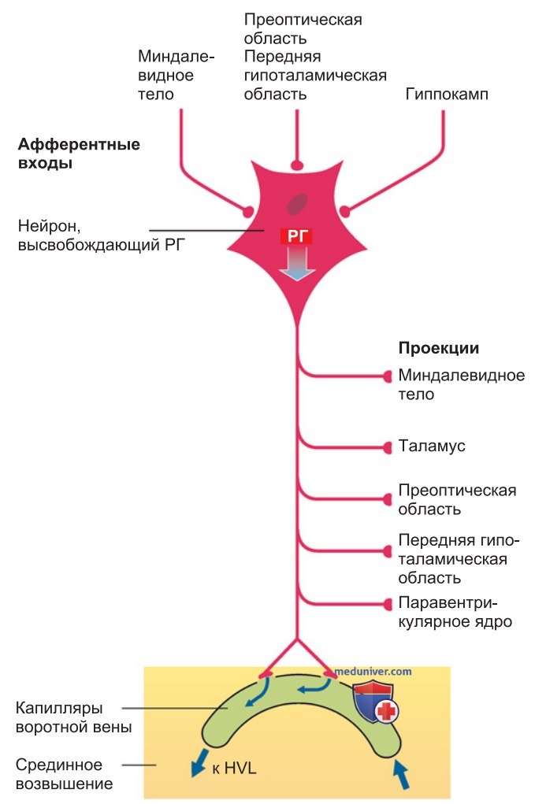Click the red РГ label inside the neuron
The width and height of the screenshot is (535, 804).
(x=296, y=236)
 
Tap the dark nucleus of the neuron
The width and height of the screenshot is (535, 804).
(x=297, y=205)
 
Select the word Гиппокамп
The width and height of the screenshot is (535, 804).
(x=446, y=94)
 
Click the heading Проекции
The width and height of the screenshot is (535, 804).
(x=439, y=348)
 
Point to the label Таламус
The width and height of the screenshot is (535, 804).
(x=432, y=446)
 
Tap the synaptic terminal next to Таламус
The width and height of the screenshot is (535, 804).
(x=388, y=447)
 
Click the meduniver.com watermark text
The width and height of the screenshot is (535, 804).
(x=373, y=671)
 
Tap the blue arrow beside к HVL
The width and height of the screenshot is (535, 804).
(x=199, y=762)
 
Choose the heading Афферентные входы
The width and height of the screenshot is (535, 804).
(x=79, y=154)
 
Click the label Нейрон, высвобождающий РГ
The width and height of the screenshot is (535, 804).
(x=101, y=235)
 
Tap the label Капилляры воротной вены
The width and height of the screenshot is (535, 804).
(x=74, y=717)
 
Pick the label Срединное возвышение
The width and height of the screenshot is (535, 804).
(x=64, y=774)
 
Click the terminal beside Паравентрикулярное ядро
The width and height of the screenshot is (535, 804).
(x=388, y=603)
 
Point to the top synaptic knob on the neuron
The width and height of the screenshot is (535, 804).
(x=297, y=165)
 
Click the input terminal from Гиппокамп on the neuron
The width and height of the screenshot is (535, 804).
(x=345, y=210)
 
